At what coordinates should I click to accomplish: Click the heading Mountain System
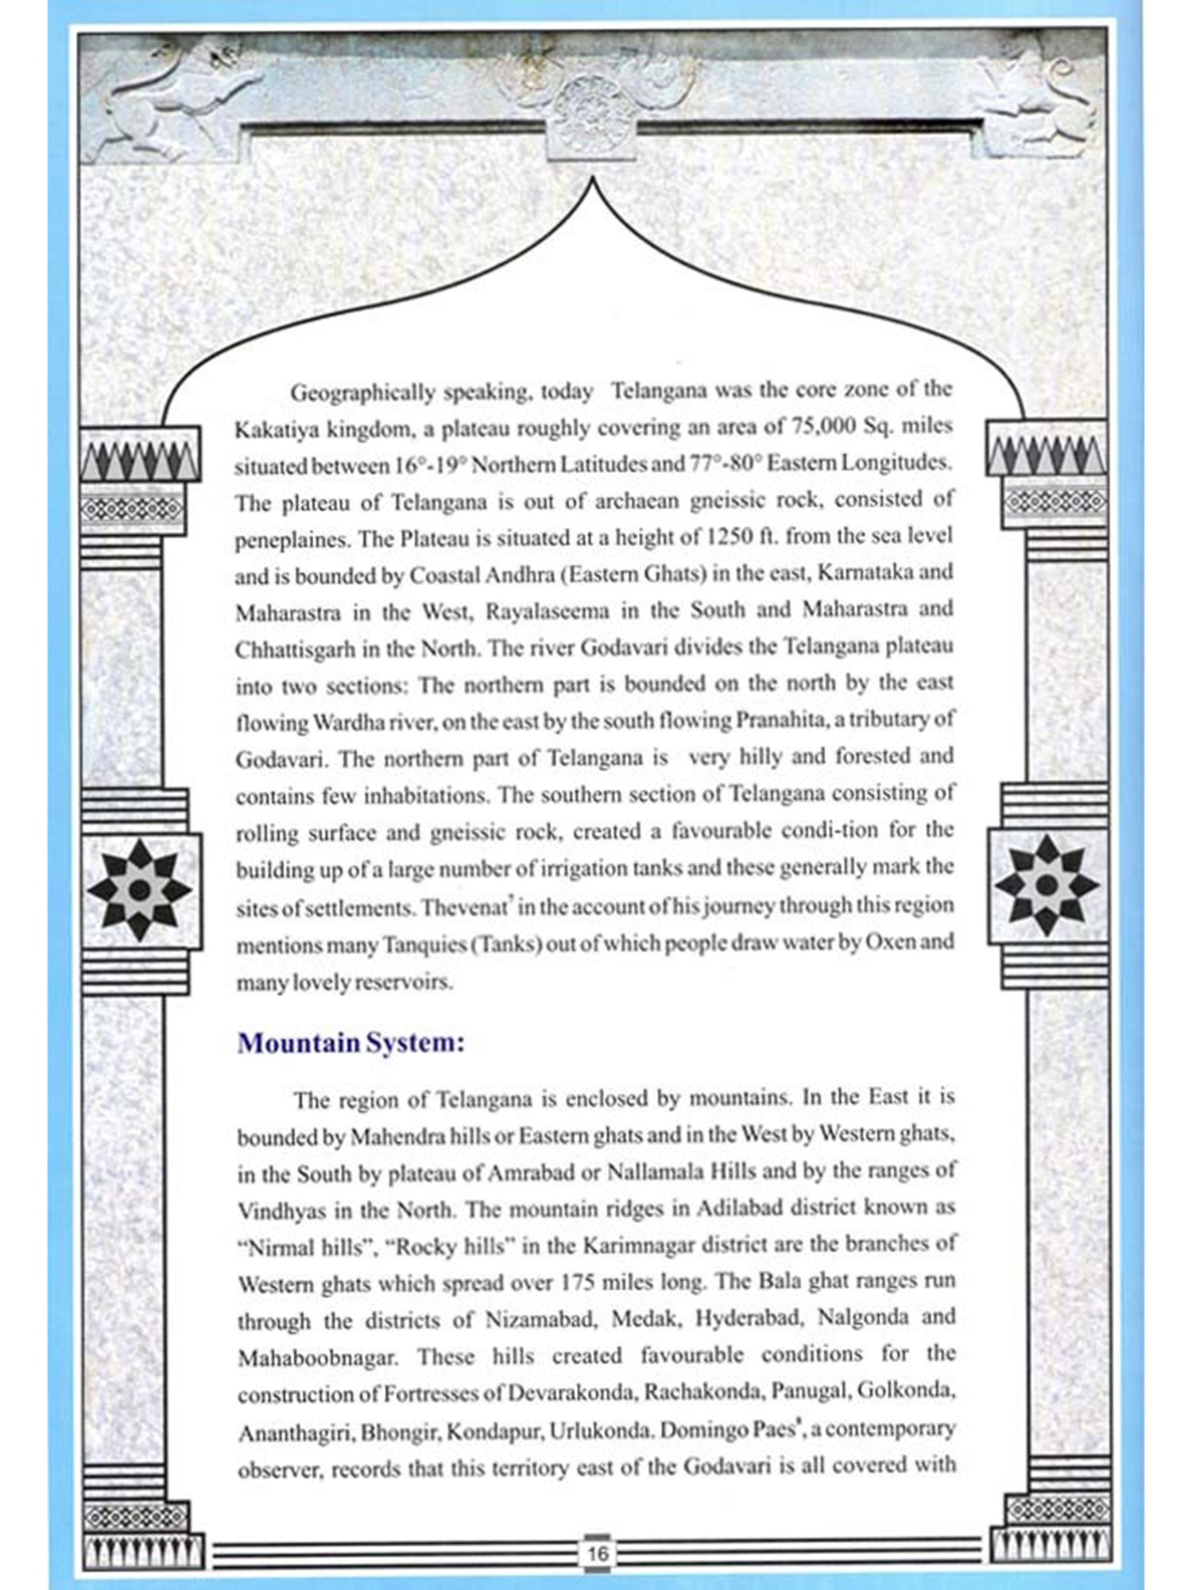[350, 1042]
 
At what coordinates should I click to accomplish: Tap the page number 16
[597, 1553]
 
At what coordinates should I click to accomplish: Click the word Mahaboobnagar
[316, 1358]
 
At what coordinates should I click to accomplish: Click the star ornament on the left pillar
[139, 890]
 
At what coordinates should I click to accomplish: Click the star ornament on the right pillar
[1047, 885]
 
